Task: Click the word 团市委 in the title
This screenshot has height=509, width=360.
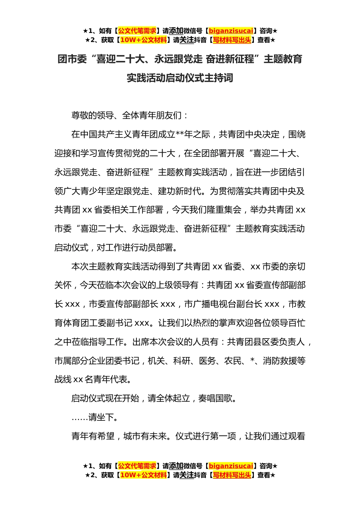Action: click(72, 59)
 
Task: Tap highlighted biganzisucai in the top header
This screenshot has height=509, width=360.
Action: click(231, 31)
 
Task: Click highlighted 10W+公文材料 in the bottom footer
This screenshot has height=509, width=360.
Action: click(143, 475)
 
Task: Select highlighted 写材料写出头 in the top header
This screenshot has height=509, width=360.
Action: click(232, 40)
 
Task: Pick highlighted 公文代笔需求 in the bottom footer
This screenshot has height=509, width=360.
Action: click(137, 466)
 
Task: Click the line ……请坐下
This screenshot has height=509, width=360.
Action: click(95, 417)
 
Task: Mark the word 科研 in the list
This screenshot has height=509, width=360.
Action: click(182, 361)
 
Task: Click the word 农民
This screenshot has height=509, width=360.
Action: click(232, 361)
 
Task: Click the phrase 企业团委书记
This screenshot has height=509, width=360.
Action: click(114, 361)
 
